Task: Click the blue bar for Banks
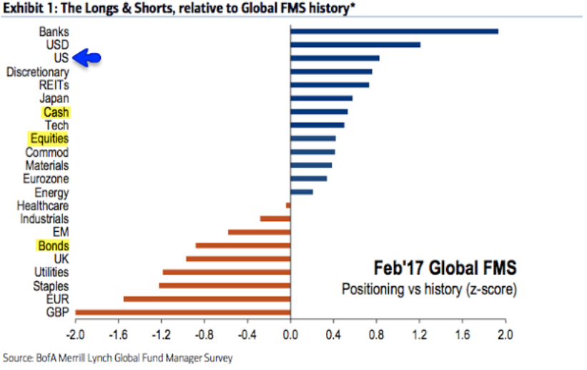[393, 31]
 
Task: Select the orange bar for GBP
[182, 313]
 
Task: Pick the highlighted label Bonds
[52, 245]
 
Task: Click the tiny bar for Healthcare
[288, 205]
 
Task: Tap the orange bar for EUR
[207, 299]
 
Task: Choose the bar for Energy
[302, 192]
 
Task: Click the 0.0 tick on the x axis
[290, 334]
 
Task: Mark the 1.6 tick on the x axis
[462, 334]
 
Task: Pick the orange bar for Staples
[225, 286]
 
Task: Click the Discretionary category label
[37, 72]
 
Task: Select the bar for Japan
[321, 98]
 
